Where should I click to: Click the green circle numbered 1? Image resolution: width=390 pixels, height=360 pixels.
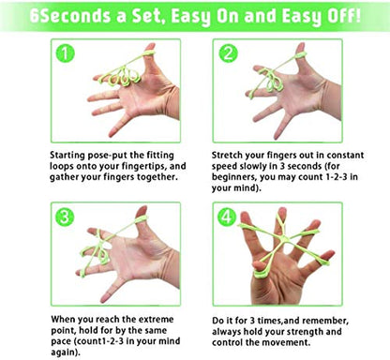(x=65, y=53)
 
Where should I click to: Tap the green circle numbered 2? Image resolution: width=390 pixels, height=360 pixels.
(x=228, y=53)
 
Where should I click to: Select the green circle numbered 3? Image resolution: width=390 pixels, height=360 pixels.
(x=65, y=217)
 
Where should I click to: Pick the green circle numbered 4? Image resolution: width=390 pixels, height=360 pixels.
(x=227, y=217)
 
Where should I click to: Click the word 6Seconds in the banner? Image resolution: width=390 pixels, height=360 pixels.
(x=70, y=16)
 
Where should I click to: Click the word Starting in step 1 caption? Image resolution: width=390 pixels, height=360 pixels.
(x=67, y=156)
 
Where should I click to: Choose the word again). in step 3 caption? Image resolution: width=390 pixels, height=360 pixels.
(x=66, y=352)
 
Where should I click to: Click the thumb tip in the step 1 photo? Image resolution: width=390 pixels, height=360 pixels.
(x=151, y=47)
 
